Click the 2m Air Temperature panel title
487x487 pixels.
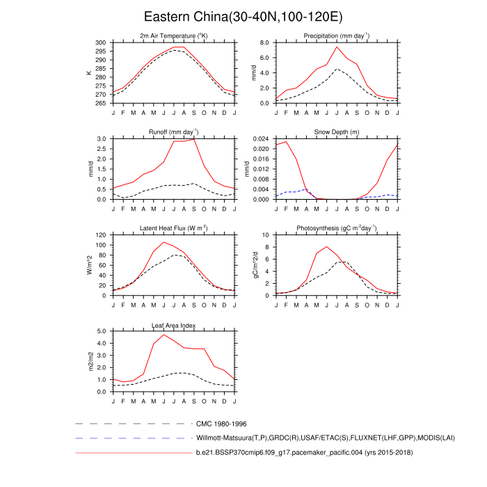coord(174,36)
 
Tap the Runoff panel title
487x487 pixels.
coord(174,131)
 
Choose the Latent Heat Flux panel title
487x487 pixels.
coord(174,228)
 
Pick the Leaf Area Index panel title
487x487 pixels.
coord(174,325)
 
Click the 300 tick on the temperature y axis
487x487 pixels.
coord(101,42)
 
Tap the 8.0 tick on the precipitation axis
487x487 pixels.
coord(264,42)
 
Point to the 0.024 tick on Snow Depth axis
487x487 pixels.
coord(260,139)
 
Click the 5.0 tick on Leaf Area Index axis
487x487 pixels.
coord(102,331)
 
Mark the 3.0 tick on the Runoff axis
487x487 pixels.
coord(102,139)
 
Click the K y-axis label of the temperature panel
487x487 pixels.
coord(89,72)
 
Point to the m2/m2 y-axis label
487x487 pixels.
coord(89,362)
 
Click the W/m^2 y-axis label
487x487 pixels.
coord(89,265)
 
